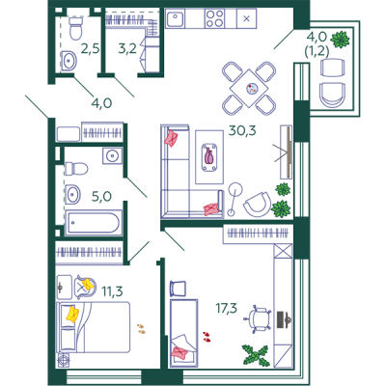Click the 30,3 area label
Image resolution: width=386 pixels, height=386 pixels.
click(x=242, y=130)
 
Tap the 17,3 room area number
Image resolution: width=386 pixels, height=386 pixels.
click(x=227, y=308)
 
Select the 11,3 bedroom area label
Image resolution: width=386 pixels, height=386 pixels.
click(x=112, y=291)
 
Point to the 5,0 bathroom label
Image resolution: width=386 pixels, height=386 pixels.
click(x=101, y=196)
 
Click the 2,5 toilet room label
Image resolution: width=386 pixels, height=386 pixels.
click(x=90, y=49)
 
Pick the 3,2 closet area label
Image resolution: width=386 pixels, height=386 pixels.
click(x=127, y=49)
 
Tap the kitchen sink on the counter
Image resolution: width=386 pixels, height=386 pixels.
click(x=175, y=18)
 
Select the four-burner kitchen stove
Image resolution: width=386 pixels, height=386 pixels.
click(x=215, y=18)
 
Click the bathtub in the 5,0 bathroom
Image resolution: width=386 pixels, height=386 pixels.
click(x=94, y=222)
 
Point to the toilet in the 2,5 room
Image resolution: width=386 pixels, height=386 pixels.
click(x=75, y=28)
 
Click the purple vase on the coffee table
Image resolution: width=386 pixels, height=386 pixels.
click(x=209, y=155)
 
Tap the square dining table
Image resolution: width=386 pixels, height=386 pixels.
click(x=249, y=88)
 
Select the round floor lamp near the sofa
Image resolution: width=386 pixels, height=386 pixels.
click(x=235, y=189)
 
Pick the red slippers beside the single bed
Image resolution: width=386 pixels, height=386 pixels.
click(x=207, y=336)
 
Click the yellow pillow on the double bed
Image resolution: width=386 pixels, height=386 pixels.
click(x=72, y=314)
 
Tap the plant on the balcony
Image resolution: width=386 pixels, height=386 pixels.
click(x=341, y=40)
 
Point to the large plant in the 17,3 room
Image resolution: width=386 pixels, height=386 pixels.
click(x=256, y=355)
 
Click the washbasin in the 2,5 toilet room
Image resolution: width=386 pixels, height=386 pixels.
click(x=69, y=60)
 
